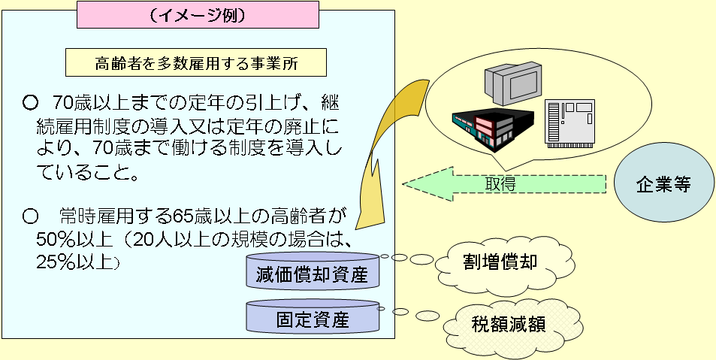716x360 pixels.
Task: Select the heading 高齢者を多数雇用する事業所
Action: (197, 64)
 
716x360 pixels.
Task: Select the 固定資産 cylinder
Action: (313, 319)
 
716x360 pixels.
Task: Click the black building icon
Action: (492, 125)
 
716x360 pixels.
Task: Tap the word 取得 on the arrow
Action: (500, 184)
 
